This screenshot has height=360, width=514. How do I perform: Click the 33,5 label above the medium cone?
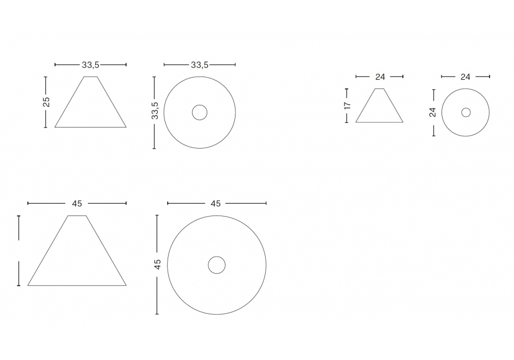point(90,65)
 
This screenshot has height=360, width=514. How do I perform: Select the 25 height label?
point(46,102)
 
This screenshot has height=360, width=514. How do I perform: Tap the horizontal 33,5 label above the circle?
point(199,65)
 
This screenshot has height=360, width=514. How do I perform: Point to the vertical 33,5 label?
point(155,111)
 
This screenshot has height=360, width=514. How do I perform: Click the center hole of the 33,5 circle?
point(199,113)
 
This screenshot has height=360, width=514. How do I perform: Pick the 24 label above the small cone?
point(380,77)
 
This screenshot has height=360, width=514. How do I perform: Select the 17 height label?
point(347,105)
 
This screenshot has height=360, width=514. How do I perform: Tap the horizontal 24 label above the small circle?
point(466,77)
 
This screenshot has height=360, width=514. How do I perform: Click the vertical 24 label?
point(433,112)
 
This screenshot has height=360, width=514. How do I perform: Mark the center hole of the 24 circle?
point(466,113)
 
